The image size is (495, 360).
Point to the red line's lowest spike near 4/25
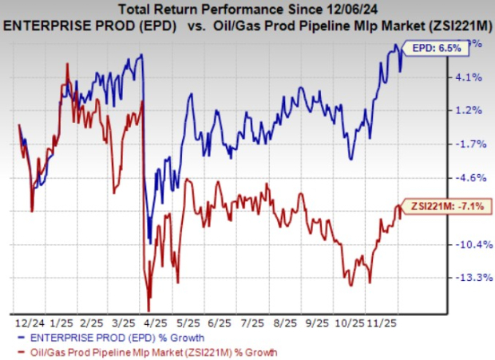pos(148,311)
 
